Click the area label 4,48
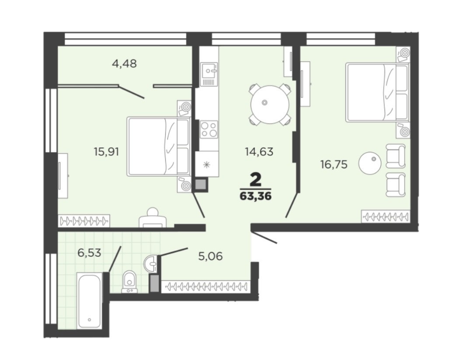[124, 63]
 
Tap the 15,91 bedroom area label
[107, 152]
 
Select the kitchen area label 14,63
[259, 152]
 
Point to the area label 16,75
[334, 164]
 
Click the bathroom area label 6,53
[90, 253]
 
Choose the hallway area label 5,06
[211, 256]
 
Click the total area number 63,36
[255, 196]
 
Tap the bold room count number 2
[255, 180]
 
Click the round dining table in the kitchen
[270, 105]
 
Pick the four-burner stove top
[208, 129]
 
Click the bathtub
[90, 301]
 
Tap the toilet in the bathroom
[129, 282]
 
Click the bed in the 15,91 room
[159, 146]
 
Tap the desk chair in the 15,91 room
[153, 217]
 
